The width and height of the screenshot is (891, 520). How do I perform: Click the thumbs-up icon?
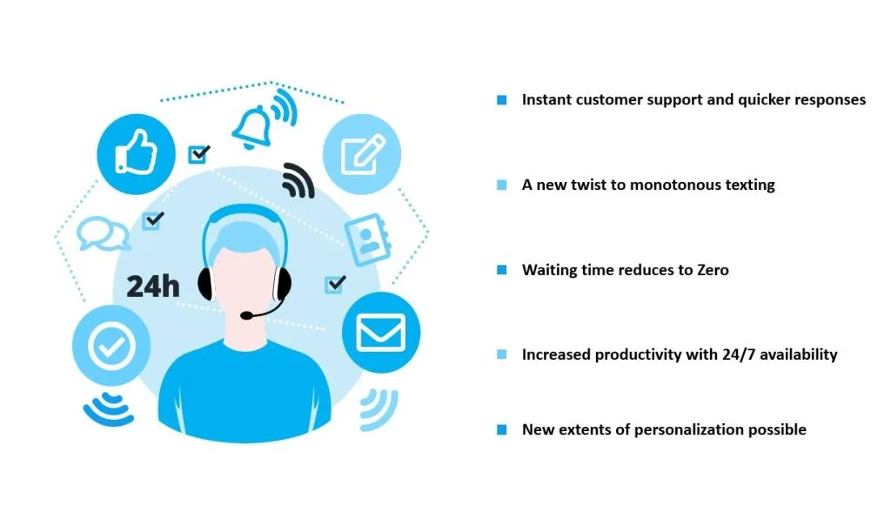136,152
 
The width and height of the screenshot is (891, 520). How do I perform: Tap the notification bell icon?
251,127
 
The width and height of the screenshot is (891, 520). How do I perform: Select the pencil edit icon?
363,154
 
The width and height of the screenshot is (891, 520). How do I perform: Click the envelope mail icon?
381,332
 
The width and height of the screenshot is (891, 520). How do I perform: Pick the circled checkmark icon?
111,345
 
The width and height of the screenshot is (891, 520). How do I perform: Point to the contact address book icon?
368,239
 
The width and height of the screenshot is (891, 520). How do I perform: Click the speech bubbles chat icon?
103,233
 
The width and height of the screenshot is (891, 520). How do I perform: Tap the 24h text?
153,287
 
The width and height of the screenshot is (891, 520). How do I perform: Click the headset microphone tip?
246,314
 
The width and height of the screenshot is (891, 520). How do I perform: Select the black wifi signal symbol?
298,181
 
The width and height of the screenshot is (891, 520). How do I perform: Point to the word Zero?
713,270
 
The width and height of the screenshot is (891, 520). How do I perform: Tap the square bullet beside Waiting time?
502,270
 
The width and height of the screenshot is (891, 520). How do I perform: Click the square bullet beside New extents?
502,429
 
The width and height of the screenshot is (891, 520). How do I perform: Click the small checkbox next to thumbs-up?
199,153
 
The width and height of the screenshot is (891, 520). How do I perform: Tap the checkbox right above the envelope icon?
335,284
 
